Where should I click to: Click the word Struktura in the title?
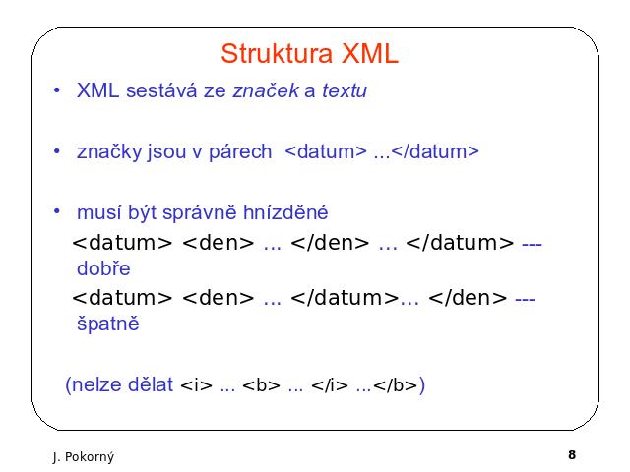tap(277, 54)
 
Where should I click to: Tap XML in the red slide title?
tap(370, 54)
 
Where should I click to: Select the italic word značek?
tap(266, 90)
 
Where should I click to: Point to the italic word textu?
tap(345, 90)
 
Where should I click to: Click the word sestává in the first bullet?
tap(161, 90)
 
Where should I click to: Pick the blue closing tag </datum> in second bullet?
tap(435, 151)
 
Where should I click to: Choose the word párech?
tap(240, 152)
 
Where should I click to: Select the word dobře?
tap(103, 268)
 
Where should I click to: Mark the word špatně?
tap(107, 324)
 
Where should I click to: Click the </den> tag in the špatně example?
tap(468, 298)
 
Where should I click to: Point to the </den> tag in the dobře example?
tap(330, 243)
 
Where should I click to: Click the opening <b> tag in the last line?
tap(262, 385)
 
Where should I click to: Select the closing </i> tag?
tap(330, 385)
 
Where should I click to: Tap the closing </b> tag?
tap(396, 385)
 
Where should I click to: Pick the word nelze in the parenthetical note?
tap(96, 384)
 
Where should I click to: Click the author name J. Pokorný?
tap(84, 457)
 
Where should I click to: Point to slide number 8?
tap(572, 454)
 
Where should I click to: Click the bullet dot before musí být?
tap(57, 211)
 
